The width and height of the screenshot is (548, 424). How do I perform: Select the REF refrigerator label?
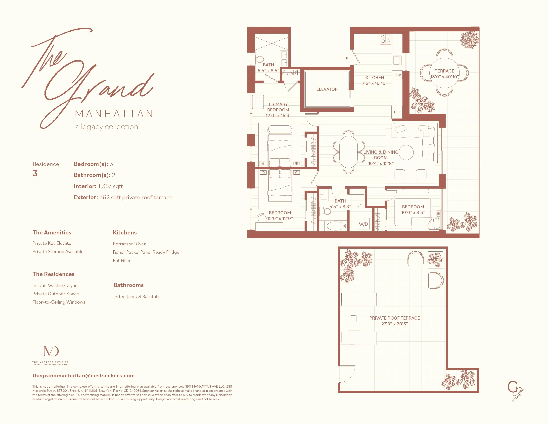(397, 112)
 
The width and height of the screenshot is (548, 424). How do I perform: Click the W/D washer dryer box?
(363, 224)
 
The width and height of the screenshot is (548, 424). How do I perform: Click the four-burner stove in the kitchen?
(385, 39)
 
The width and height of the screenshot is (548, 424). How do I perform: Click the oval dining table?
(349, 152)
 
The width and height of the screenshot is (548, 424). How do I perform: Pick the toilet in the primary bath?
(259, 59)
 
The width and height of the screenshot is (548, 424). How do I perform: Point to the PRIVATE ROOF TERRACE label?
(394, 318)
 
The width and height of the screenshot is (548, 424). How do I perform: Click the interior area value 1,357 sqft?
(110, 186)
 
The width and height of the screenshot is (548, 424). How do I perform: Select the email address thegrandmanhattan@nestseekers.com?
(84, 375)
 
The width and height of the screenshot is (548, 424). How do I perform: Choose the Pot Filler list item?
(122, 261)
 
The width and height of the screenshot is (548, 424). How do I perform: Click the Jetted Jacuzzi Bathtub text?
(136, 297)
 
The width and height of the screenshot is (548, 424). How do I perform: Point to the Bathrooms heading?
(129, 285)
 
